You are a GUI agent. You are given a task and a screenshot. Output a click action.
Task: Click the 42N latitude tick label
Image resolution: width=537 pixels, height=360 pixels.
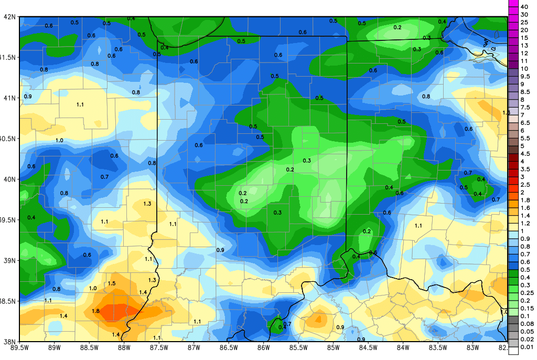click(9, 17)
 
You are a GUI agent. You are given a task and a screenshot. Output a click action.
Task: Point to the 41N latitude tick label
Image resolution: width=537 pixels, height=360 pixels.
click(9, 98)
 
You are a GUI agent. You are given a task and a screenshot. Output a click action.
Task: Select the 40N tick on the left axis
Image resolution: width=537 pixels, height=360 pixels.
click(9, 179)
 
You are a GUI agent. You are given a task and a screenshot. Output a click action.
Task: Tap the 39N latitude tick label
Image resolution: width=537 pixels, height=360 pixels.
click(9, 261)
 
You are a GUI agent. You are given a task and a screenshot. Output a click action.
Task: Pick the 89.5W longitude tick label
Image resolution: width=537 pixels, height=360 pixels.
click(19, 347)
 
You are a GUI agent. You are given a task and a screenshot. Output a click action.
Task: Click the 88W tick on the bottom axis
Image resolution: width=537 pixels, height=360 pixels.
click(124, 347)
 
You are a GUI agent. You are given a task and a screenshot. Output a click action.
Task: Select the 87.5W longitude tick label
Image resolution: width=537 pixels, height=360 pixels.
click(159, 347)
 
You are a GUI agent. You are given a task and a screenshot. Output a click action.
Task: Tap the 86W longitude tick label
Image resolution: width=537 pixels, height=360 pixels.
click(263, 347)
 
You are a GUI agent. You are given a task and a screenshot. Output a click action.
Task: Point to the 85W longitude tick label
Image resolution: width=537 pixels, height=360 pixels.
click(333, 347)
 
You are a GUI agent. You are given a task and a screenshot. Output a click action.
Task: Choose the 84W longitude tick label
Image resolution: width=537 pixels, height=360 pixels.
click(403, 347)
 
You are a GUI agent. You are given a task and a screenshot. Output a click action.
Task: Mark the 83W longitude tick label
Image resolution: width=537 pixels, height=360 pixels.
click(472, 347)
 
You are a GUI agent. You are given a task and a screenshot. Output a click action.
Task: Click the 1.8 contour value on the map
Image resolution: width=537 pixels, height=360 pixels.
click(95, 311)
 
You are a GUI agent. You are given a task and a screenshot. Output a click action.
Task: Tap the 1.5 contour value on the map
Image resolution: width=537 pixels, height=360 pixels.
click(112, 283)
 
